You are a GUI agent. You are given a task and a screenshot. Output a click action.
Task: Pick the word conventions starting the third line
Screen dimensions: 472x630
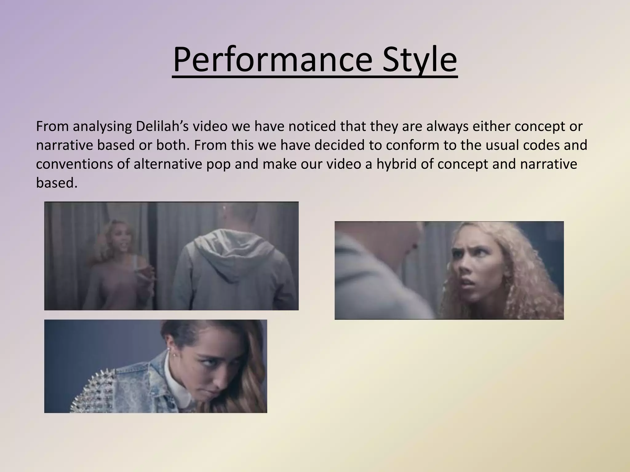point(74,164)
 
